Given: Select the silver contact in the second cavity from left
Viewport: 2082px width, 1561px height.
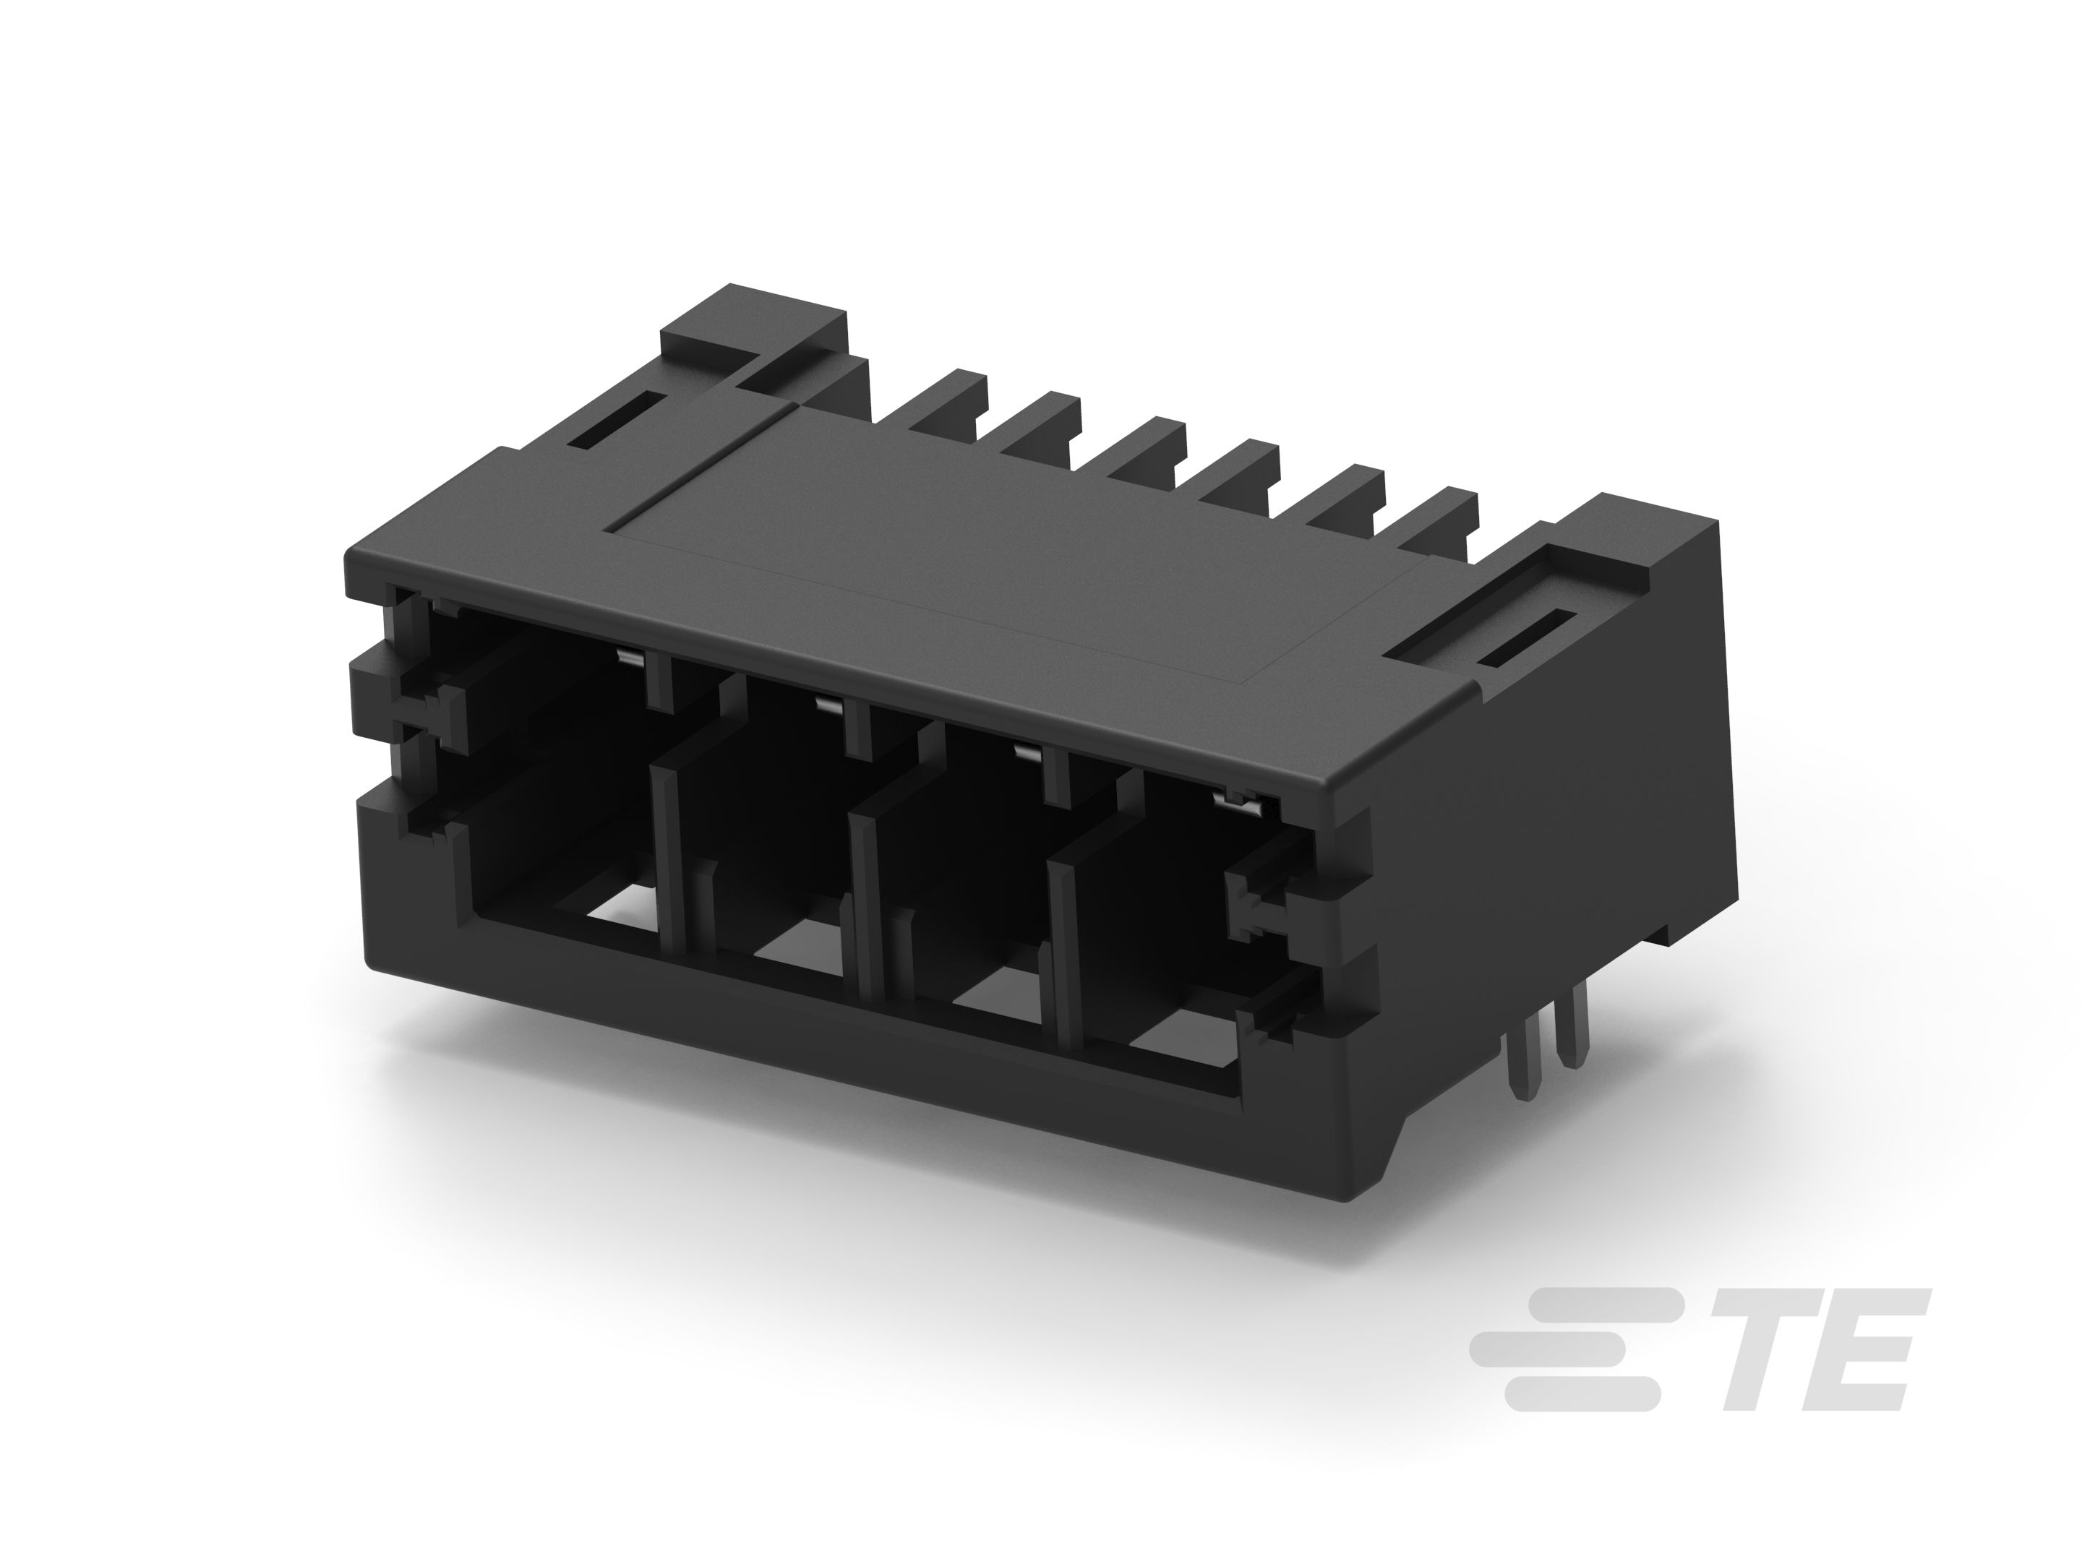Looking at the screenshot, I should [x=829, y=704].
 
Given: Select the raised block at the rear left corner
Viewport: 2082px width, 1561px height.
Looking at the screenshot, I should [x=753, y=334].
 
